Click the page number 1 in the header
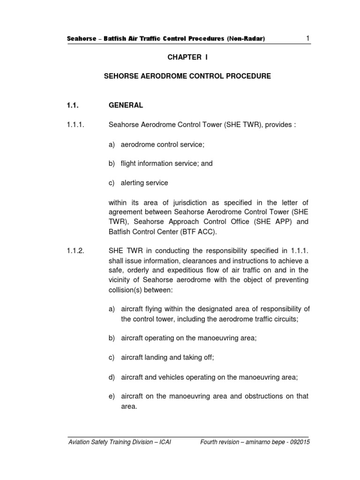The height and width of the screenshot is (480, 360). tap(307, 38)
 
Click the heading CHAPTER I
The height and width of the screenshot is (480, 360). tap(187, 57)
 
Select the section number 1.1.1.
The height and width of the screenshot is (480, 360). tap(75, 125)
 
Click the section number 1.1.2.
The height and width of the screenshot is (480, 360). tap(75, 251)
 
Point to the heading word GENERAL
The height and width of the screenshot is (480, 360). tap(126, 105)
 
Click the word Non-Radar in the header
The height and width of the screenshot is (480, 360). tap(246, 39)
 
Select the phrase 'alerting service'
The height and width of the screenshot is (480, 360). tap(144, 183)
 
